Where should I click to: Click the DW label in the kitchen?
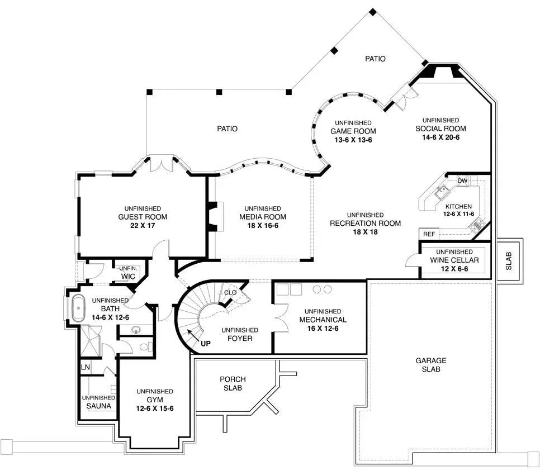point(462,180)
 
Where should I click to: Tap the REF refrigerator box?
point(429,234)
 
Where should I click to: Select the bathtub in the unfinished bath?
point(78,308)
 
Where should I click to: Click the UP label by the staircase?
point(206,343)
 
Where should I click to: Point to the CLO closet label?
point(230,292)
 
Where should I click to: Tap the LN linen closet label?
point(85,367)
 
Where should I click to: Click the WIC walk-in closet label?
point(127,276)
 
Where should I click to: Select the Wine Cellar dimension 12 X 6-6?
point(454,269)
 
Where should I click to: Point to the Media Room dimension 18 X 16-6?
point(263,226)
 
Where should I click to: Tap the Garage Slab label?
point(430,365)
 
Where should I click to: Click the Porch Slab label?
point(233,383)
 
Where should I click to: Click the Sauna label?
point(98,406)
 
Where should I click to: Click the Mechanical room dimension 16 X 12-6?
point(323,328)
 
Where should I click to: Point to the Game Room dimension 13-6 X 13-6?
point(353,140)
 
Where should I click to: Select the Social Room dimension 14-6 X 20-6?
point(440,137)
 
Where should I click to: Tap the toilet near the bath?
point(144,348)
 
